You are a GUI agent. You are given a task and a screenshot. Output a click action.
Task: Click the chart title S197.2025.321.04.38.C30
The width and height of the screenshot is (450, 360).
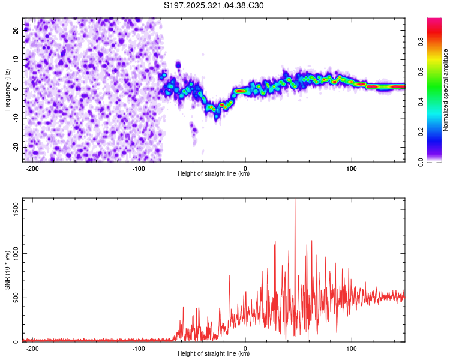pyautogui.click(x=214, y=6)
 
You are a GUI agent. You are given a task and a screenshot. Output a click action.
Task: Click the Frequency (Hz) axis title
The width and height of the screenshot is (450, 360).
pyautogui.click(x=7, y=89)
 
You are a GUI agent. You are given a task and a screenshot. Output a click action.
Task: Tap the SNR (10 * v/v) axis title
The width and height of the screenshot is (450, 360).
pyautogui.click(x=7, y=270)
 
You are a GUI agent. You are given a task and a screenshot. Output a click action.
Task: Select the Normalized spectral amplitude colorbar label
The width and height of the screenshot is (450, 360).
pyautogui.click(x=446, y=90)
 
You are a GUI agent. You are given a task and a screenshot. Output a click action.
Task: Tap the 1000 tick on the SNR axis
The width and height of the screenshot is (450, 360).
pyautogui.click(x=14, y=254)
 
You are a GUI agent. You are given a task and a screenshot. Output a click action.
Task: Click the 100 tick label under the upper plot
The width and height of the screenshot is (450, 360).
pyautogui.click(x=352, y=168)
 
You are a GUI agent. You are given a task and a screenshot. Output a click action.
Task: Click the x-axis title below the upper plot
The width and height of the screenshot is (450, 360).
pyautogui.click(x=214, y=174)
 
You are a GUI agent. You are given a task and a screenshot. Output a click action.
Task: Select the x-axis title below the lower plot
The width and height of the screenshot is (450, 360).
pyautogui.click(x=214, y=354)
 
